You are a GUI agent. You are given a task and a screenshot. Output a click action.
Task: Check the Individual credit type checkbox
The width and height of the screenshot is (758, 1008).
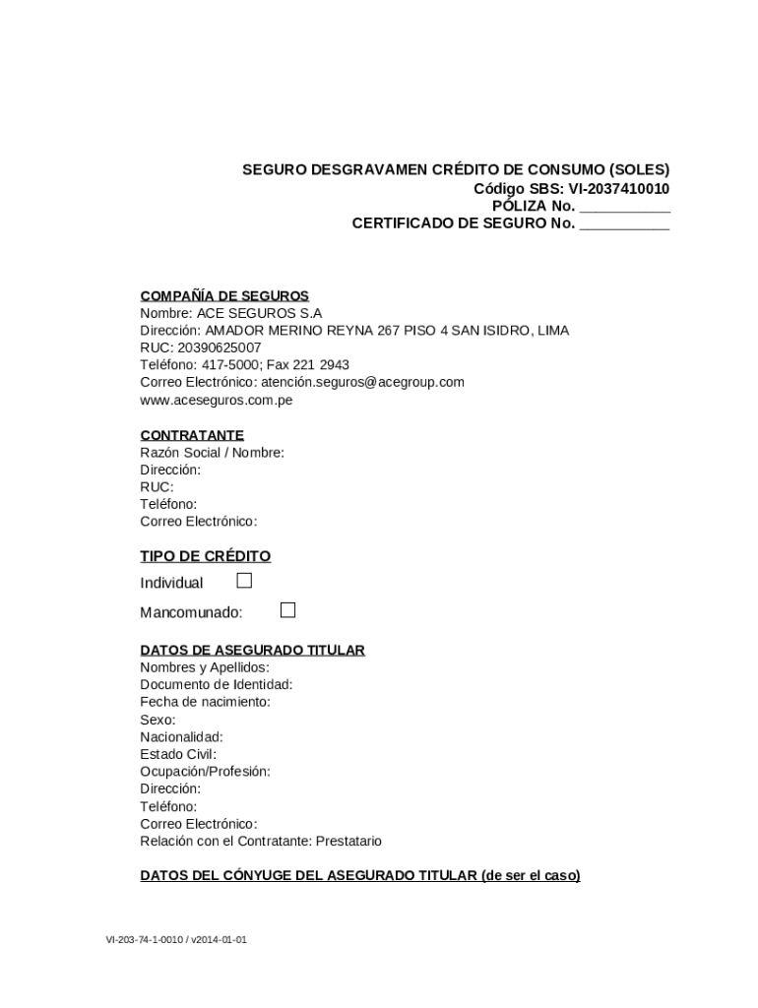[x=244, y=581]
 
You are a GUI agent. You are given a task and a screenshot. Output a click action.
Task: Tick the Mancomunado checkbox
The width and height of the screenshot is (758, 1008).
[x=287, y=610]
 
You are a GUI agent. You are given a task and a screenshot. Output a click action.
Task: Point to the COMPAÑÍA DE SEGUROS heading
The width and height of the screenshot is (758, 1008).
[x=224, y=295]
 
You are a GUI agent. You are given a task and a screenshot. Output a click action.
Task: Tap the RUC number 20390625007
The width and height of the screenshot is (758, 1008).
[x=220, y=347]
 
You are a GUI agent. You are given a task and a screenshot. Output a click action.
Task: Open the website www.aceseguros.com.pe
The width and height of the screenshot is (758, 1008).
[x=216, y=400]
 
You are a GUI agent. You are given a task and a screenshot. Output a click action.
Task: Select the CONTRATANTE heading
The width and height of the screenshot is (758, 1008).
[x=192, y=435]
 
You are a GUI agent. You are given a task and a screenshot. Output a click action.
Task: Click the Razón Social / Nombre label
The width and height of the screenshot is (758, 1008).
[x=212, y=453]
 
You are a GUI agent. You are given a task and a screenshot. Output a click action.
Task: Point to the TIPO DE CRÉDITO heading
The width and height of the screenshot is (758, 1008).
[x=205, y=556]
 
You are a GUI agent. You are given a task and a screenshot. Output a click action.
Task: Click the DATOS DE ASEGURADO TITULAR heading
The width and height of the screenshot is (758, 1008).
[x=252, y=650]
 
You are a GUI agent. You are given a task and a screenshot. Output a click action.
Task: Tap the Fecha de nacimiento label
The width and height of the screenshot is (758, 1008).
[x=205, y=702]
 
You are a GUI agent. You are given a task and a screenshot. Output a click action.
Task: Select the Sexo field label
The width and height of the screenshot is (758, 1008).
[x=158, y=720]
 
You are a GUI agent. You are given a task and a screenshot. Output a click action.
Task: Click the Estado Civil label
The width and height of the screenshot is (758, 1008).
[x=178, y=754]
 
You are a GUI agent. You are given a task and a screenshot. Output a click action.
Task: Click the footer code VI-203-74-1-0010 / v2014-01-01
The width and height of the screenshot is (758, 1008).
[x=176, y=940]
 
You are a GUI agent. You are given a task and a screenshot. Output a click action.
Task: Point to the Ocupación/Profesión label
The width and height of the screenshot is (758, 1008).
[x=205, y=771]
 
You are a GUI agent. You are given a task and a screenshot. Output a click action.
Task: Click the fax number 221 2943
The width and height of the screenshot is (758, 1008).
[x=321, y=364]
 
